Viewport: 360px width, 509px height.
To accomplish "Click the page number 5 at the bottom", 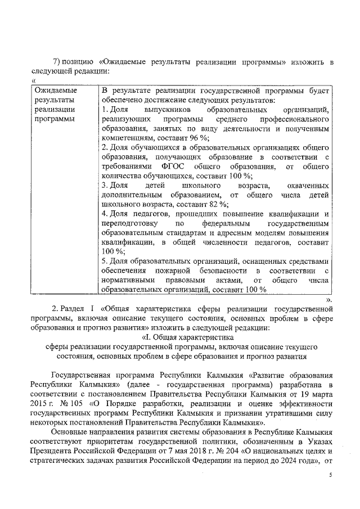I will (x=331, y=476).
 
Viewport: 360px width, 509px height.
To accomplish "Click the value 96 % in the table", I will (x=198, y=137).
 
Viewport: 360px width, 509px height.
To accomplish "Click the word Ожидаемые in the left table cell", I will (x=56, y=89).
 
